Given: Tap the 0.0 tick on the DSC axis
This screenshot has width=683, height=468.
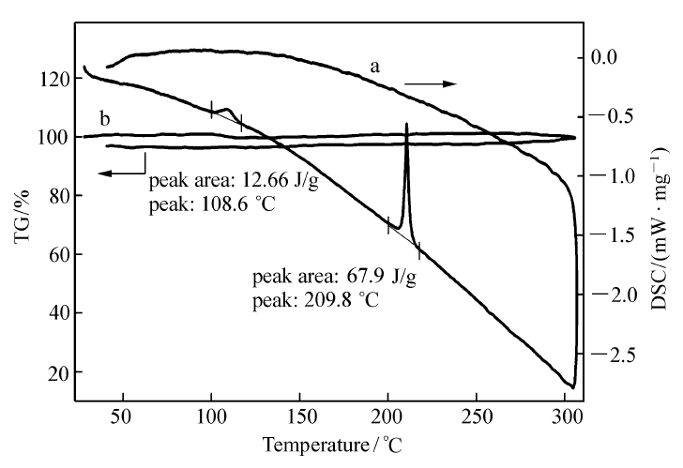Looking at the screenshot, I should tap(615, 57).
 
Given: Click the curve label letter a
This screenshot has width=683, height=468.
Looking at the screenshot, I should tap(374, 67).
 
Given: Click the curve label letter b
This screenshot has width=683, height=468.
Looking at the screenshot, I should tap(104, 119).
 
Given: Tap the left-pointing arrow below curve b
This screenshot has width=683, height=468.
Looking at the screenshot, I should tap(120, 173).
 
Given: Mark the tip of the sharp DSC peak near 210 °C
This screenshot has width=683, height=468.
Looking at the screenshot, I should tap(406, 124).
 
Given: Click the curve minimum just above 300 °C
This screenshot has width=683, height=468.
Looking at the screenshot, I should tap(571, 385).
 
